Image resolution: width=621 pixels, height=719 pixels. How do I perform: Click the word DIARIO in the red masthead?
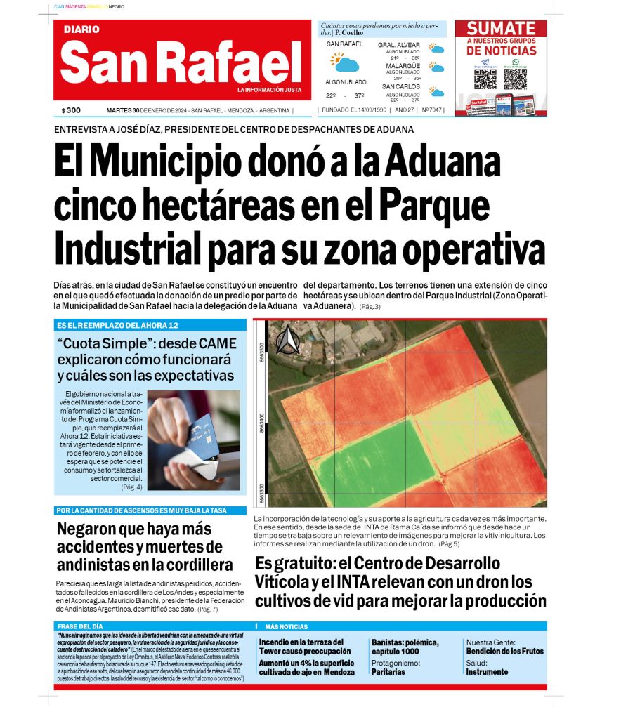pyautogui.click(x=81, y=29)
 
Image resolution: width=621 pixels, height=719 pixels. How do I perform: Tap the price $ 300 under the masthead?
pyautogui.click(x=71, y=110)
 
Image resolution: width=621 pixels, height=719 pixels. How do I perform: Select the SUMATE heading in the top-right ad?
pyautogui.click(x=501, y=29)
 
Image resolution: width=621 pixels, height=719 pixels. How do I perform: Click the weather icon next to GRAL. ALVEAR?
pyautogui.click(x=437, y=49)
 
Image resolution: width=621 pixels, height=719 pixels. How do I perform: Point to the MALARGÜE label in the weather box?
pyautogui.click(x=403, y=66)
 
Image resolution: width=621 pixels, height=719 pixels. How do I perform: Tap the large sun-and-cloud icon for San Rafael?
pyautogui.click(x=344, y=62)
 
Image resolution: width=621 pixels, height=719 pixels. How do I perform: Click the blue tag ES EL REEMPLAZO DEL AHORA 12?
pyautogui.click(x=117, y=326)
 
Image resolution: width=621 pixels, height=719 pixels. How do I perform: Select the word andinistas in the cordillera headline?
pyautogui.click(x=96, y=565)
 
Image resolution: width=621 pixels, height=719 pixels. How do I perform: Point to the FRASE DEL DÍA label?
pyautogui.click(x=81, y=626)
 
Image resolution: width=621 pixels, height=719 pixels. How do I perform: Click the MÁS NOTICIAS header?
pyautogui.click(x=286, y=626)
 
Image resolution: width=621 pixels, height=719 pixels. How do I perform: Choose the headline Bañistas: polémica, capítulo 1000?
pyautogui.click(x=405, y=647)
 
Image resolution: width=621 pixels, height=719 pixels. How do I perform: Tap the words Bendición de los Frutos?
pyautogui.click(x=504, y=651)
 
